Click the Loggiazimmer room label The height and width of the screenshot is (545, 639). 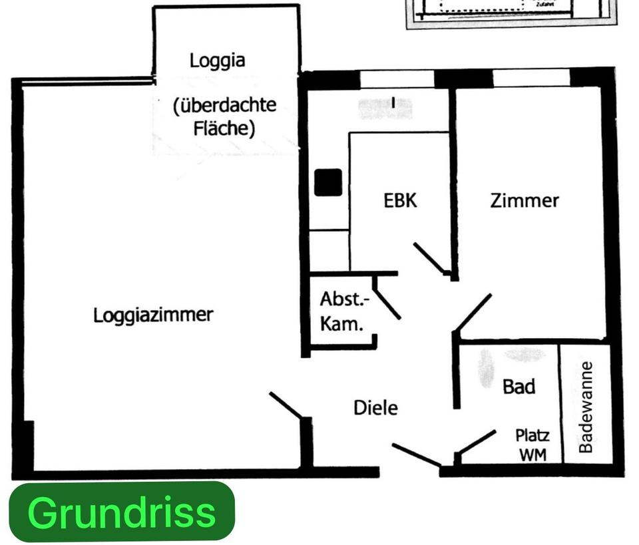pyautogui.click(x=153, y=314)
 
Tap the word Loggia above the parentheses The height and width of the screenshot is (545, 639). pyautogui.click(x=217, y=61)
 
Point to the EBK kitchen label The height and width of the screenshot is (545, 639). pyautogui.click(x=401, y=200)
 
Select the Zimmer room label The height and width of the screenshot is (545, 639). pyautogui.click(x=525, y=200)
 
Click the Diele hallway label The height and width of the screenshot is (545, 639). pyautogui.click(x=375, y=407)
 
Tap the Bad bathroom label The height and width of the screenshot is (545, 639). pyautogui.click(x=519, y=386)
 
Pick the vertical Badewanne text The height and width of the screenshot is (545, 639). pyautogui.click(x=586, y=407)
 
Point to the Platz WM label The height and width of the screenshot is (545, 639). pyautogui.click(x=532, y=445)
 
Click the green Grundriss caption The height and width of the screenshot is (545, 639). pyautogui.click(x=122, y=512)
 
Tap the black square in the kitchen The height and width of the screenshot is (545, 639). pyautogui.click(x=328, y=182)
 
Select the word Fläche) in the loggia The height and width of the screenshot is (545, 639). pyautogui.click(x=224, y=127)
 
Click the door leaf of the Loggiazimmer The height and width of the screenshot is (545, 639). pyautogui.click(x=287, y=405)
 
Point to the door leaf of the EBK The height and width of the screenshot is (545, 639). pyautogui.click(x=429, y=258)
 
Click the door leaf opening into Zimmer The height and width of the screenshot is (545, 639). pyautogui.click(x=472, y=312)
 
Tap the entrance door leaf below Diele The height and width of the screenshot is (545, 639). pyautogui.click(x=417, y=455)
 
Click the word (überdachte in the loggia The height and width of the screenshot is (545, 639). pyautogui.click(x=224, y=105)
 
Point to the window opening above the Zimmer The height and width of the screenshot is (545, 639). pyautogui.click(x=531, y=78)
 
